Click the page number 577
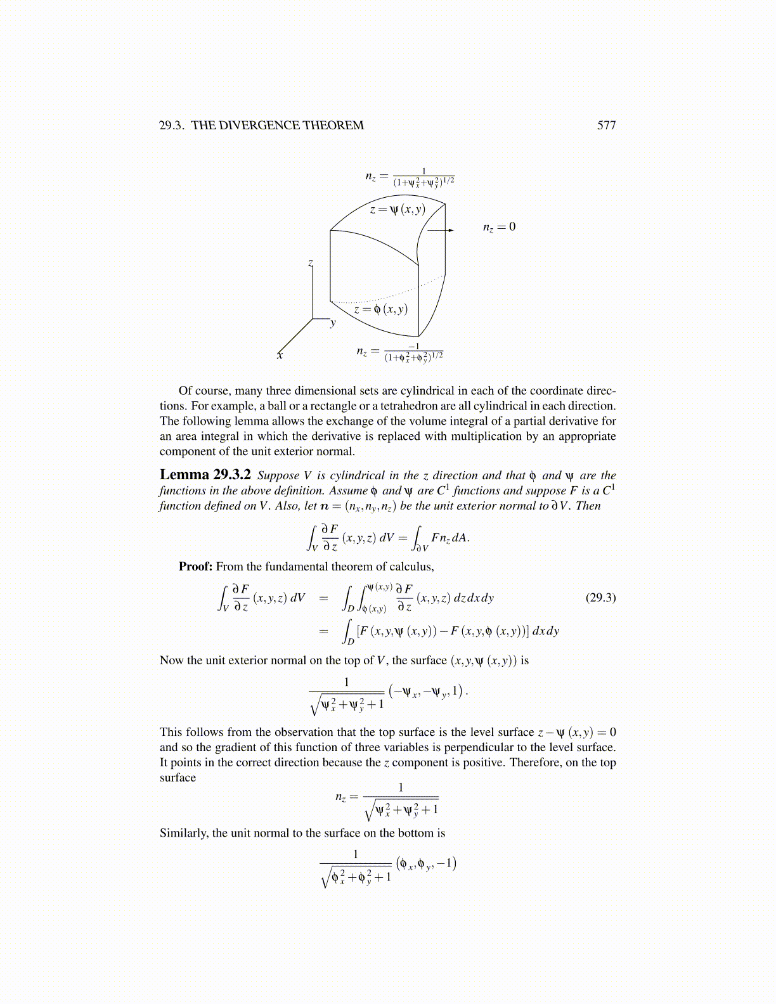coord(606,125)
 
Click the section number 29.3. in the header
coord(172,125)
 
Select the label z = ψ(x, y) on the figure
coord(398,209)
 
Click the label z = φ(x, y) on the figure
coord(380,309)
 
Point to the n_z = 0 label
coord(499,227)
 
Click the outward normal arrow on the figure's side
coord(441,230)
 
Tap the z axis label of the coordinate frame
coord(310,262)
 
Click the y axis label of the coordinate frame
coord(333,323)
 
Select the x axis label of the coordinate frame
coord(280,356)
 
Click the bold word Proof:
coord(195,567)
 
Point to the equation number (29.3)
coord(600,598)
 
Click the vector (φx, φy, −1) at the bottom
coord(426,863)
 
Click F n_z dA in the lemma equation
coord(450,538)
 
